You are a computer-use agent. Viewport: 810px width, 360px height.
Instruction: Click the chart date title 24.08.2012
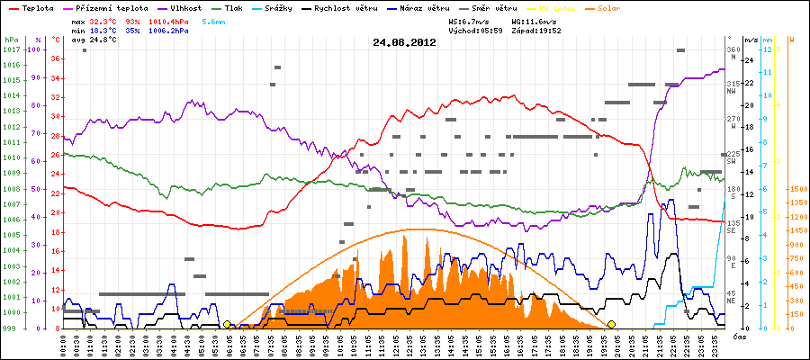405,41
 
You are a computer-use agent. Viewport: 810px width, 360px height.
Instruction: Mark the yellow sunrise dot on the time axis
227,324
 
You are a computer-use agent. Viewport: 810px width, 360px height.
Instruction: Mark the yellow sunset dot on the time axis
612,324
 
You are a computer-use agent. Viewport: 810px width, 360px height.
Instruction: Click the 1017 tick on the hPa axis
11,49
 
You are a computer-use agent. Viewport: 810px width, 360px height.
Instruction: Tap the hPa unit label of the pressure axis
11,40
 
